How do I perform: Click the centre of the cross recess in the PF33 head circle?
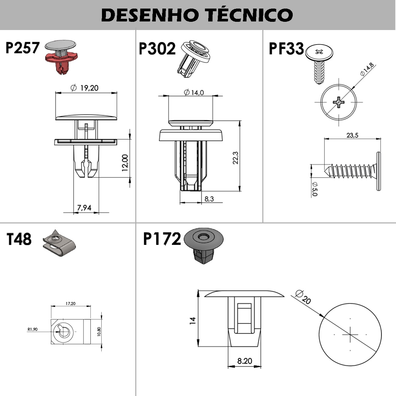click(339, 102)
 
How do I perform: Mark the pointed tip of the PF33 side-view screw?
click(324, 171)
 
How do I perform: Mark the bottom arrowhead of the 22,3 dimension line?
click(239, 189)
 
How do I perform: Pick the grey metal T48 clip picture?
click(59, 243)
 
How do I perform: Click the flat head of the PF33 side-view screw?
click(378, 171)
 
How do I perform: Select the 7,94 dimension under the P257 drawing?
click(84, 208)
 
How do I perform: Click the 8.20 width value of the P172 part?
click(245, 361)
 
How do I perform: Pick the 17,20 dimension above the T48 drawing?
click(71, 303)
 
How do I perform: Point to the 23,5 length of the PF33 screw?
click(352, 135)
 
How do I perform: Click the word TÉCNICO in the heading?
click(249, 15)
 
